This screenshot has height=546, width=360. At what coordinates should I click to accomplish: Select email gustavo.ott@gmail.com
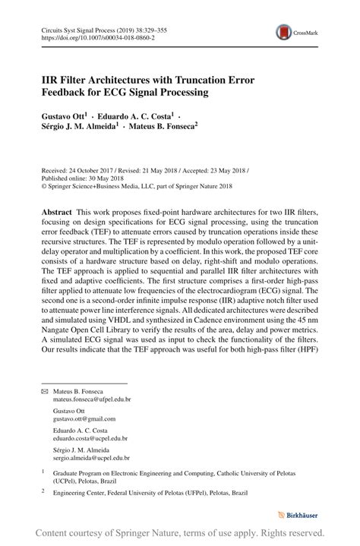pyautogui.click(x=84, y=418)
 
